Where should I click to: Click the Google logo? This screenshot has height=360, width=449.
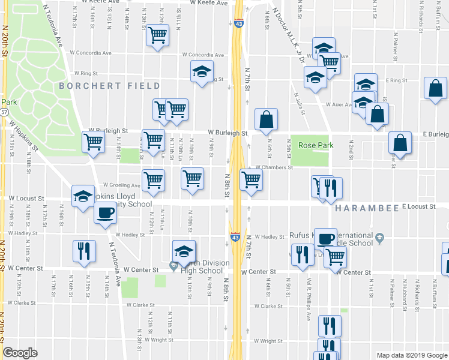point(20,353)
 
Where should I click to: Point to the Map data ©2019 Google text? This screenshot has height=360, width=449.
point(411,355)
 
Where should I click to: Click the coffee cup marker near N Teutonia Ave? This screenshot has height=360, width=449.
point(106,212)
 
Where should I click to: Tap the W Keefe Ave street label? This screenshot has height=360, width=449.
point(209,3)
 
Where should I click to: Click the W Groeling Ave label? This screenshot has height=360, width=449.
point(121,185)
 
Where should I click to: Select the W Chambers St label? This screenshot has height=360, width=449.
point(274,168)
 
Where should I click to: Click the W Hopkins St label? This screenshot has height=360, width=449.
point(22,137)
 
